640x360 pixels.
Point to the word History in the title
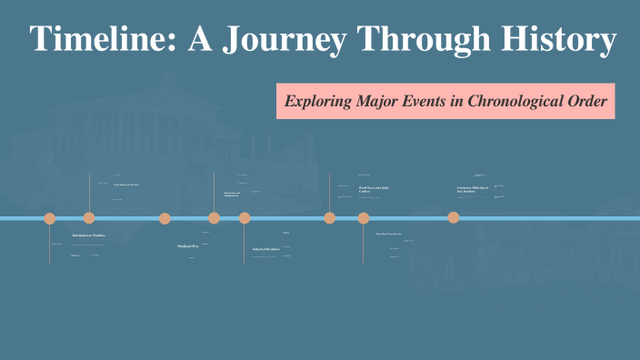point(558,40)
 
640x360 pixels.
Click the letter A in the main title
point(202,40)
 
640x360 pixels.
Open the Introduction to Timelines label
point(89,235)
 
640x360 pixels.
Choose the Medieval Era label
point(187,246)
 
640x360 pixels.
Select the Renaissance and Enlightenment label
point(232,195)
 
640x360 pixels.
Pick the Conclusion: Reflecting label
point(472,189)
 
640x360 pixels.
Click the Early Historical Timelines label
point(125,185)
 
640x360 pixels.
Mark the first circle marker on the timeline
point(50,218)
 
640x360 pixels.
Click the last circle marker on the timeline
point(454,217)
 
